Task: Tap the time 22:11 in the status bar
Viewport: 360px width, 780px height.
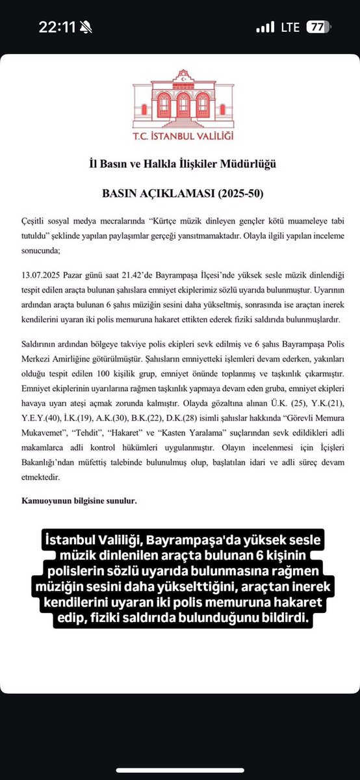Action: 58,27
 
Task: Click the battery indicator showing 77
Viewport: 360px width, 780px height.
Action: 318,27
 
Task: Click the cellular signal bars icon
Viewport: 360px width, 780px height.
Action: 265,27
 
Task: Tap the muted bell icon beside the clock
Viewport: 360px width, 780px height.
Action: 86,27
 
